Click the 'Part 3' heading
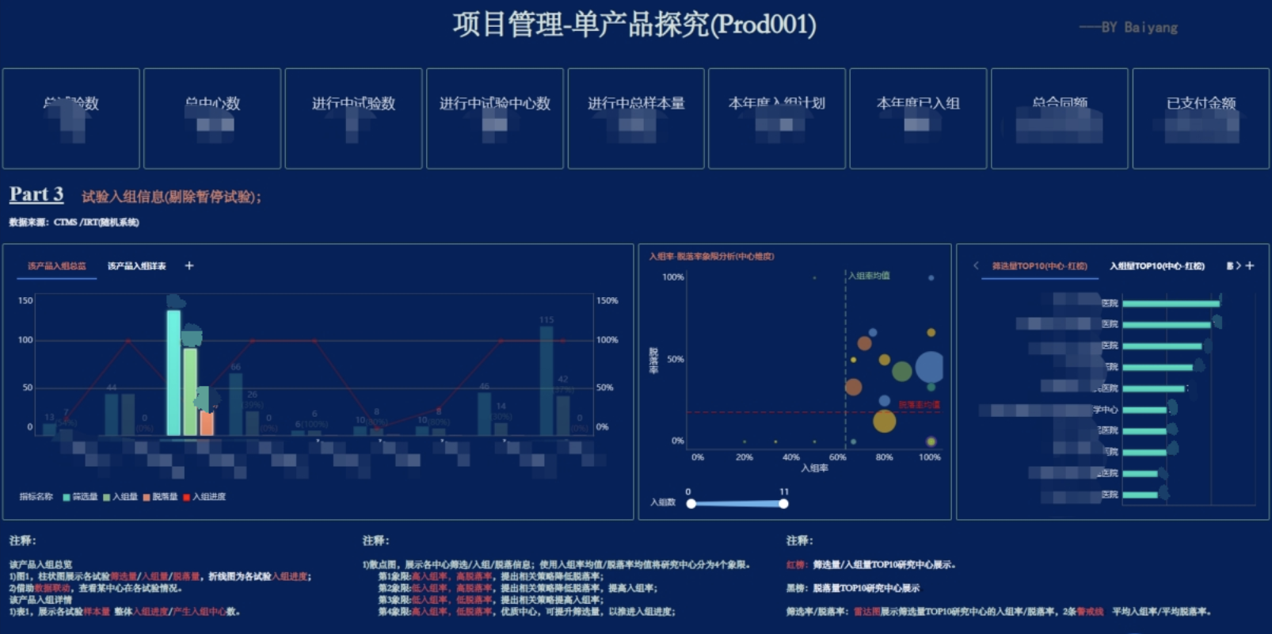point(36,195)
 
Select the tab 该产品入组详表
point(137,266)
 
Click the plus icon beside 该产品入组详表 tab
point(189,265)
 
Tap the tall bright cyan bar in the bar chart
point(173,372)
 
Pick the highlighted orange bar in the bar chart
point(207,422)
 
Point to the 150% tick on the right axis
point(607,301)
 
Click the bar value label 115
point(547,320)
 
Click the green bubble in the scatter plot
point(901,371)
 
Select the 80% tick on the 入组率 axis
point(884,457)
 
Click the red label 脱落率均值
point(919,405)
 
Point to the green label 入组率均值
point(869,276)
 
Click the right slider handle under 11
point(783,503)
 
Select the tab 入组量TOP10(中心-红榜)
point(1156,266)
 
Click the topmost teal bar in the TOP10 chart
point(1171,304)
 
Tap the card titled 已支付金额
point(1201,118)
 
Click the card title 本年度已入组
point(918,103)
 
